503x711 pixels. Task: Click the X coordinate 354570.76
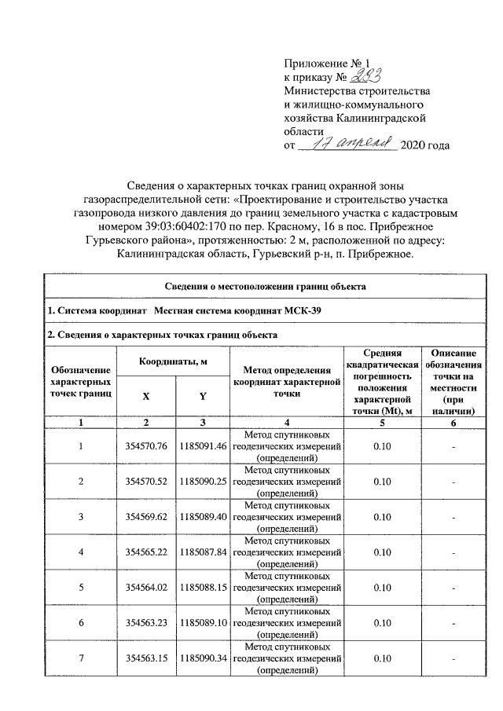click(146, 446)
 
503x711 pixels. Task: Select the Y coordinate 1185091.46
click(203, 446)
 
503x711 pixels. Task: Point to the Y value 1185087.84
click(203, 552)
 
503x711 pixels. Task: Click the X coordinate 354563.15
click(146, 658)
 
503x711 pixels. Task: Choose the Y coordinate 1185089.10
click(203, 623)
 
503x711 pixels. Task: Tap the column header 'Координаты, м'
click(173, 361)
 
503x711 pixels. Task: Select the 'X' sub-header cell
click(146, 397)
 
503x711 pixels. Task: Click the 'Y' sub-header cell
click(203, 397)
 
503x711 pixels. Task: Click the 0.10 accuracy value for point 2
click(383, 482)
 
